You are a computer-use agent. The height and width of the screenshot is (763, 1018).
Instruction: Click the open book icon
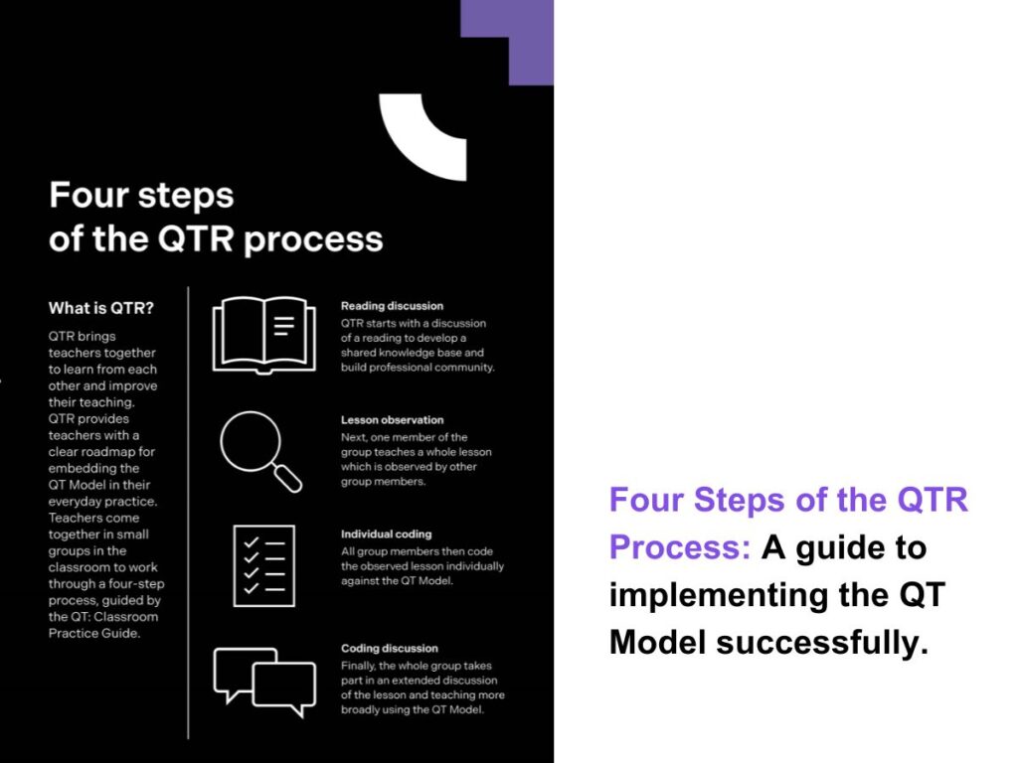point(263,334)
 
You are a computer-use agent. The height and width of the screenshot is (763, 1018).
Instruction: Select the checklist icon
point(263,565)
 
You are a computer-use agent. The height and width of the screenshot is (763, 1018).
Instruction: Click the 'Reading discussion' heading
point(392,306)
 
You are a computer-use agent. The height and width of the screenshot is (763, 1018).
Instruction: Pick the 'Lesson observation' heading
point(392,420)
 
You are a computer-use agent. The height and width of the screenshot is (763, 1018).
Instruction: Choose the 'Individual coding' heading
point(386,534)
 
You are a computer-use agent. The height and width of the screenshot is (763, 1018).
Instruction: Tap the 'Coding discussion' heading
point(389,649)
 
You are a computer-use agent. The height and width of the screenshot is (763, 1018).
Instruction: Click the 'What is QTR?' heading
point(101,308)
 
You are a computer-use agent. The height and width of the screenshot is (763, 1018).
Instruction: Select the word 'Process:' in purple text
point(680,546)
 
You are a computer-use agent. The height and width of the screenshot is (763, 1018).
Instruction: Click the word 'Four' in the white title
point(88,195)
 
